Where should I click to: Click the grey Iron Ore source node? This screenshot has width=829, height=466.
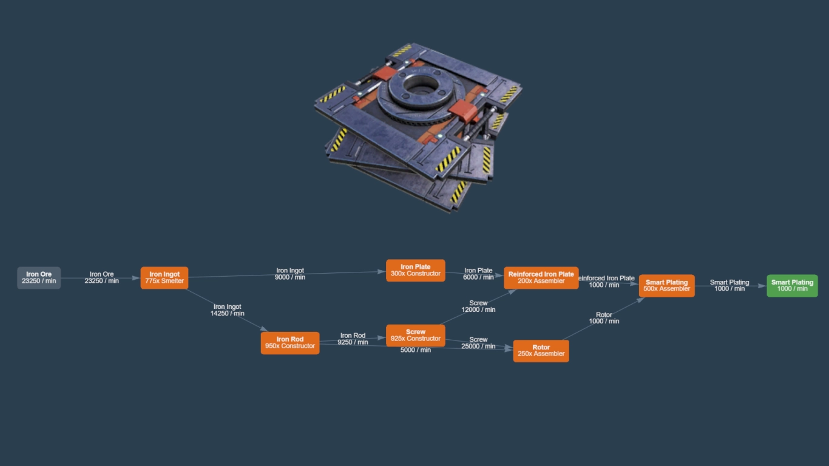[x=39, y=278]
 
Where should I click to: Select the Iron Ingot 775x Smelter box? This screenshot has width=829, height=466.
[x=164, y=278]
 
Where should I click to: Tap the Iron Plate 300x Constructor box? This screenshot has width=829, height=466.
[x=416, y=271]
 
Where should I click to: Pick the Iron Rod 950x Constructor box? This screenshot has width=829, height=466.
[x=290, y=343]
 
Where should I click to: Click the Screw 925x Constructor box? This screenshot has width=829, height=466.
[x=416, y=336]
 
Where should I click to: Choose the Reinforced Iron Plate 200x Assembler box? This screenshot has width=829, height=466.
[x=541, y=278]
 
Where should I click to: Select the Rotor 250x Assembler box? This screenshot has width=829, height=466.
[x=541, y=351]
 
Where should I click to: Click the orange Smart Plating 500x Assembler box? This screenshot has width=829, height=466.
[x=666, y=286]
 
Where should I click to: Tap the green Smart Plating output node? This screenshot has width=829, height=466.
[x=792, y=286]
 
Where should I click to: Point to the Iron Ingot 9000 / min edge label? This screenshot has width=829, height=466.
[x=290, y=274]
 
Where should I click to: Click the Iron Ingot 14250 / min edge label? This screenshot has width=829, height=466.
[x=228, y=310]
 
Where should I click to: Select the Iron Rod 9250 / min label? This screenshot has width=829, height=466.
[x=353, y=339]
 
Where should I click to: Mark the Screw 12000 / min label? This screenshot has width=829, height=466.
[x=478, y=306]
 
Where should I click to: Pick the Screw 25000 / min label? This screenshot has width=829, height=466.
[x=478, y=343]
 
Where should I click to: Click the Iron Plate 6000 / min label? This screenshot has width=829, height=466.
[x=478, y=274]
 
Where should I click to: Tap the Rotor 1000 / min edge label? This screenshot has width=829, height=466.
[x=604, y=318]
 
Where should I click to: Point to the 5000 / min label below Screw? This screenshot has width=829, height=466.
[x=416, y=350]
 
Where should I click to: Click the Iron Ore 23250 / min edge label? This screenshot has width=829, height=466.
[x=101, y=277]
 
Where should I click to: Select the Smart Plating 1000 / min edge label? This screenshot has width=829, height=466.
[x=729, y=286]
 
